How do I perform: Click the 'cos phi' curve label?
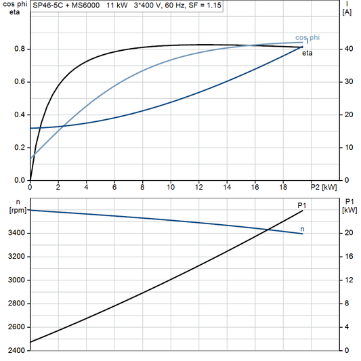tap(307, 37)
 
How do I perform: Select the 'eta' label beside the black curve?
tap(307, 52)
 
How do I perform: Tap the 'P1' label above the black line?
tap(302, 205)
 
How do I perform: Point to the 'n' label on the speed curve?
tap(302, 229)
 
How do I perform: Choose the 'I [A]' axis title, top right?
tap(347, 7)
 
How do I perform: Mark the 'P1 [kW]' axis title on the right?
tap(349, 206)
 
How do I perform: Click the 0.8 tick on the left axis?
tap(20, 49)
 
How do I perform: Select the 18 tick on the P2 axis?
tap(283, 187)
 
